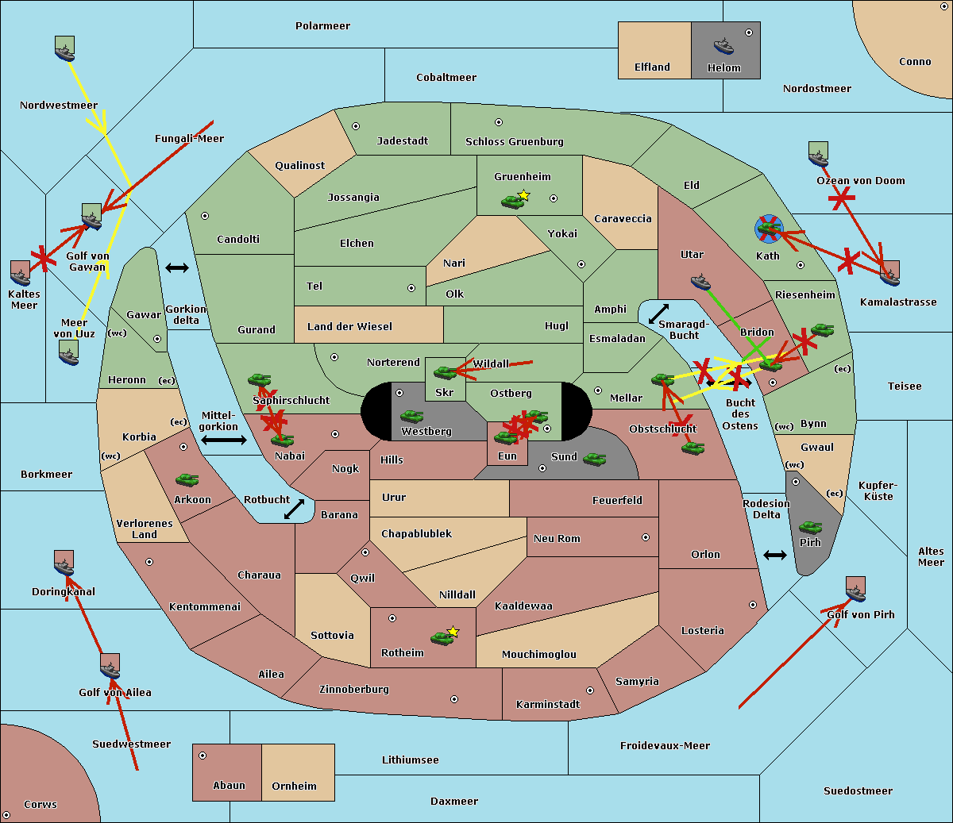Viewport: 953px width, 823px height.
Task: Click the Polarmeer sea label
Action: (x=322, y=26)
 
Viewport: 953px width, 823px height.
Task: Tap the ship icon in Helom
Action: (x=723, y=45)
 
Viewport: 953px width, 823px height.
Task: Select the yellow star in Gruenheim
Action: (x=523, y=195)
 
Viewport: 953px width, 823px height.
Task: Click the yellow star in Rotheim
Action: (x=453, y=632)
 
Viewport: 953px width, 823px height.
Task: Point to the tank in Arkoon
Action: (x=187, y=480)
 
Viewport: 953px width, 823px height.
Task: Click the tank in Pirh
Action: (x=810, y=527)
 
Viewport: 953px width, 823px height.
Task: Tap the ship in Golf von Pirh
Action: (x=855, y=590)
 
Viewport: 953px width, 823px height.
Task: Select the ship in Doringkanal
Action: (x=64, y=563)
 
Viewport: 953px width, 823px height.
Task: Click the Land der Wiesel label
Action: (x=349, y=326)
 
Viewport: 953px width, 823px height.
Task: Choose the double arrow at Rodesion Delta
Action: (x=774, y=555)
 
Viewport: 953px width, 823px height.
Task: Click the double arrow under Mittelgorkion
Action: (x=223, y=440)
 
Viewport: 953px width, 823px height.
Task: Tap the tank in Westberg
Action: (x=411, y=417)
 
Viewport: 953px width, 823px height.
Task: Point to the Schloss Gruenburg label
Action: (x=514, y=142)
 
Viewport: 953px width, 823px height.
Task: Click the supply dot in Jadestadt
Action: (x=356, y=126)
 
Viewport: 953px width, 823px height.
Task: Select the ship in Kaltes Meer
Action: (x=21, y=273)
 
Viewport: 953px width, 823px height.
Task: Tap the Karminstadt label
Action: (x=548, y=705)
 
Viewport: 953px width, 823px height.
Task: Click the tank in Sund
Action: (x=594, y=459)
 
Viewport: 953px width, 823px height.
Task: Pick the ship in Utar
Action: (x=700, y=281)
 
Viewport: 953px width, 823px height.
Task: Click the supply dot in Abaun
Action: (x=203, y=756)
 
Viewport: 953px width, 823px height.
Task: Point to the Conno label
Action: (x=915, y=62)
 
